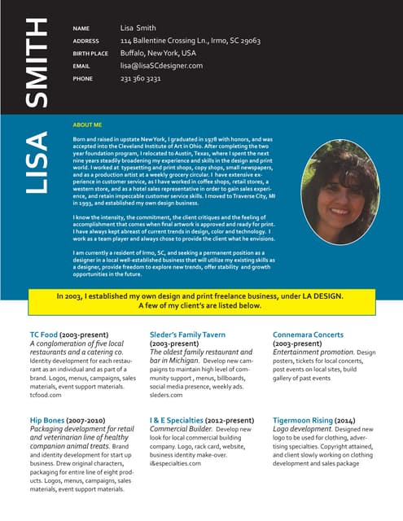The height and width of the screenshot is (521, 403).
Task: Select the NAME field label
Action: point(81,28)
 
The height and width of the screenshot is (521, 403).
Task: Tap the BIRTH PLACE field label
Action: point(90,54)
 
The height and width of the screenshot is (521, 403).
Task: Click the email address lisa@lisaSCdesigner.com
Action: point(161,66)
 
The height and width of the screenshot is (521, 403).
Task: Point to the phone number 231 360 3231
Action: point(140,79)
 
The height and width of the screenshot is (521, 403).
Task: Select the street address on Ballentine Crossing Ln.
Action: point(190,41)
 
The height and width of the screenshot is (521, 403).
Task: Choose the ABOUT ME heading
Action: point(87,125)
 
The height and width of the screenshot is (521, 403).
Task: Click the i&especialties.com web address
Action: point(175,463)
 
